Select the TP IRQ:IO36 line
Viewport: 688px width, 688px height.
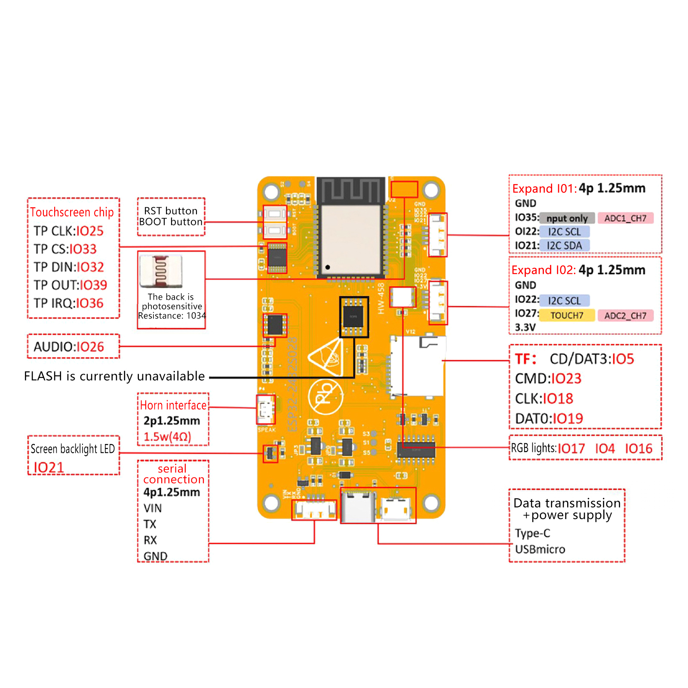(69, 303)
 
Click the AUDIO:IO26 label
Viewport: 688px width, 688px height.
(69, 347)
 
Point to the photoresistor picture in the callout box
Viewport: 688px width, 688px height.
(161, 271)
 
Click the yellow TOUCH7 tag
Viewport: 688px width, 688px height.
(567, 315)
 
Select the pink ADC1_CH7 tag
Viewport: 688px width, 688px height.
(625, 218)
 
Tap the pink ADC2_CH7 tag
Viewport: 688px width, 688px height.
(625, 316)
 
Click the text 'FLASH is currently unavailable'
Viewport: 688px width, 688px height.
(114, 376)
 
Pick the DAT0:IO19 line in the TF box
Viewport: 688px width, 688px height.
(549, 418)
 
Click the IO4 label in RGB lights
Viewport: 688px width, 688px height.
(605, 449)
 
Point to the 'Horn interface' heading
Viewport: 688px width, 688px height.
(173, 405)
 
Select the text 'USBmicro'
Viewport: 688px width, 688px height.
(540, 549)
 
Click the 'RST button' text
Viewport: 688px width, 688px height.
(171, 211)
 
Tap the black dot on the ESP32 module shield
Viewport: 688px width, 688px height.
(328, 267)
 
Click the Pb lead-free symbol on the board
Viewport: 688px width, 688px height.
(326, 397)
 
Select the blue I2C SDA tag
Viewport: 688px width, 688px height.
(564, 246)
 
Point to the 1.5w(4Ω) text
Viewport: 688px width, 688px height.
(167, 437)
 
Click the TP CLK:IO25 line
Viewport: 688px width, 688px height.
(69, 231)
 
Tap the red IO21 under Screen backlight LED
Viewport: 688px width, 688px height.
(49, 467)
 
